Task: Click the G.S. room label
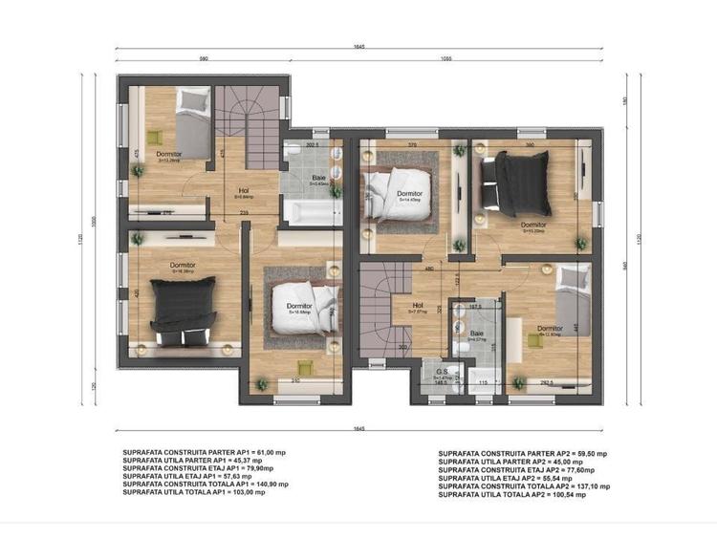(443, 372)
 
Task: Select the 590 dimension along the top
(203, 59)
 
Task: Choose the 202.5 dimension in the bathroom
(311, 145)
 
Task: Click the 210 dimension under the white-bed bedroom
(297, 381)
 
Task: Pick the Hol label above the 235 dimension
(245, 190)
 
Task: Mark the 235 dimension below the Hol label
(245, 211)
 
